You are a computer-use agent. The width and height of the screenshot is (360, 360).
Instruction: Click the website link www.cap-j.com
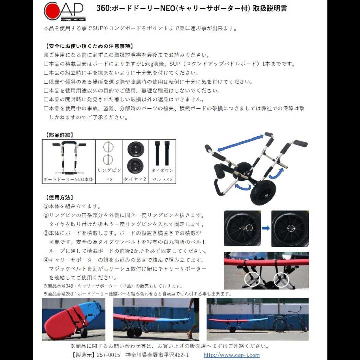tap(231, 355)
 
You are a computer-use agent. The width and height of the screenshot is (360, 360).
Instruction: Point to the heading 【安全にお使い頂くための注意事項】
tap(88, 46)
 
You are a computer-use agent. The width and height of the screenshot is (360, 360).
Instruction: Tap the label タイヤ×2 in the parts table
tap(135, 179)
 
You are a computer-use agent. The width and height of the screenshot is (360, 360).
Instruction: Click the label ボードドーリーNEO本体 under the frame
tap(68, 179)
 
